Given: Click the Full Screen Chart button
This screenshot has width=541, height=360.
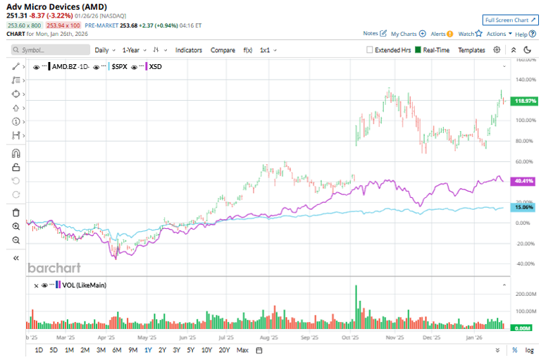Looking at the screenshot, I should pyautogui.click(x=505, y=20).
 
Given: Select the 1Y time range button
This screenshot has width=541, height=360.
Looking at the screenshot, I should pyautogui.click(x=148, y=350).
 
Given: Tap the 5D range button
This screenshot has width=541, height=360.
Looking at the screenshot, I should pyautogui.click(x=54, y=350).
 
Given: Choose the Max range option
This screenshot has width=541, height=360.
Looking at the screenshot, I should pyautogui.click(x=242, y=350).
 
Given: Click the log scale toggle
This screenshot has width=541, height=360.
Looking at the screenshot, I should pyautogui.click(x=530, y=350).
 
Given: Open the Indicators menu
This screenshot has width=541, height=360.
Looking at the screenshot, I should pyautogui.click(x=189, y=50).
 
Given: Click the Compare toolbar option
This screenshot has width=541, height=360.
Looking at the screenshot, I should pyautogui.click(x=223, y=50).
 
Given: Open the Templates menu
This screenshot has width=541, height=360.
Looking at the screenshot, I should pyautogui.click(x=471, y=50).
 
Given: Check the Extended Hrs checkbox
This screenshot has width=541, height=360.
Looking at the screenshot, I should pyautogui.click(x=371, y=50).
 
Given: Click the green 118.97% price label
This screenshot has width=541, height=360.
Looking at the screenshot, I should pyautogui.click(x=526, y=101).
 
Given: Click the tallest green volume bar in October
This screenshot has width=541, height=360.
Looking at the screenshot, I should pyautogui.click(x=356, y=307).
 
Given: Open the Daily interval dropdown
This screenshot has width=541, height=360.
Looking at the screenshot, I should pyautogui.click(x=104, y=50).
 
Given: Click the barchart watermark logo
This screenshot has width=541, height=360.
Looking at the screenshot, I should pyautogui.click(x=54, y=268).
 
